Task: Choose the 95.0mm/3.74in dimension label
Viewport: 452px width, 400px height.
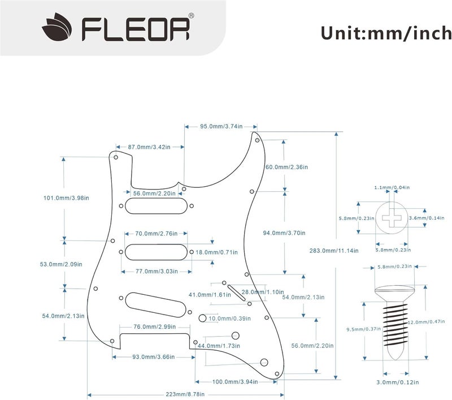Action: pos(221,126)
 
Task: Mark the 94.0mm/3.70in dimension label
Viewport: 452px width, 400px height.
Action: pos(285,233)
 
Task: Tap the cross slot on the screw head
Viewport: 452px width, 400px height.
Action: pos(393,217)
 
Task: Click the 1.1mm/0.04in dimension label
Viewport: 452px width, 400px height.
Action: pos(392,187)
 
